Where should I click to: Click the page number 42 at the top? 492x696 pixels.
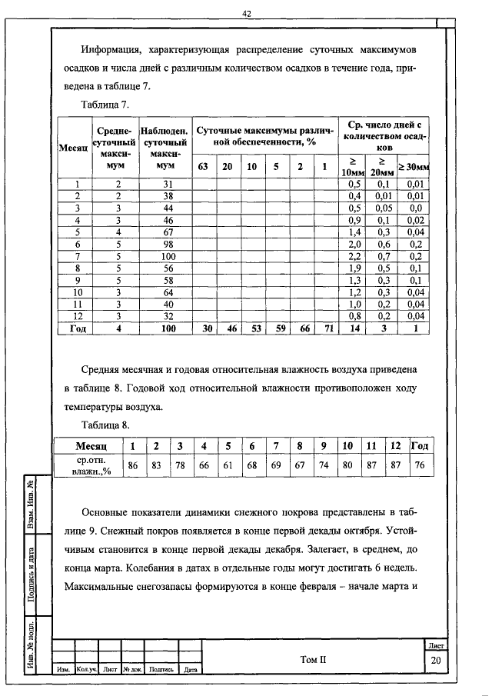(x=247, y=13)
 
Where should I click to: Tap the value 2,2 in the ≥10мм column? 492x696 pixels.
(x=354, y=255)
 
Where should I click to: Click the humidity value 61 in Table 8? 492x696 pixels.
(x=228, y=465)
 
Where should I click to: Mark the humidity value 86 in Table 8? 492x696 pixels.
(x=132, y=465)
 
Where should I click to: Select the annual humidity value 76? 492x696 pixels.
(x=419, y=465)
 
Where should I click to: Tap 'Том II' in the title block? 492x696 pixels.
(x=314, y=659)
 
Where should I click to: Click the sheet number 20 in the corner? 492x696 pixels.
(x=435, y=661)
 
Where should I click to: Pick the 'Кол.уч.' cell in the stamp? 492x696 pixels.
(x=87, y=670)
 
